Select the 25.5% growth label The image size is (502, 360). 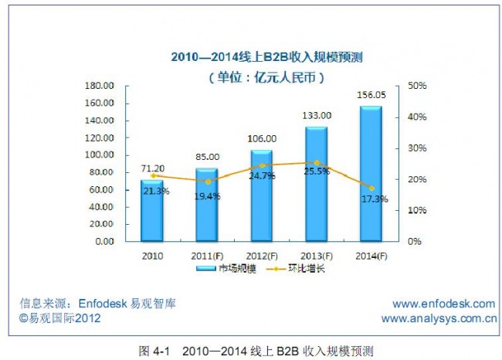pyautogui.click(x=317, y=172)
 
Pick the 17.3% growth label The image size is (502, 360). pyautogui.click(x=374, y=199)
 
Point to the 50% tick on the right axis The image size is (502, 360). pyautogui.click(x=416, y=85)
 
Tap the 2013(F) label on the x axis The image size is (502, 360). pyautogui.click(x=316, y=255)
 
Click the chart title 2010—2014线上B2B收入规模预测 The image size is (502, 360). pyautogui.click(x=256, y=56)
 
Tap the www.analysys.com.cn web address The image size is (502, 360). pyautogui.click(x=438, y=318)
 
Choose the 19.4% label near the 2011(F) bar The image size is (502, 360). pyautogui.click(x=206, y=196)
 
